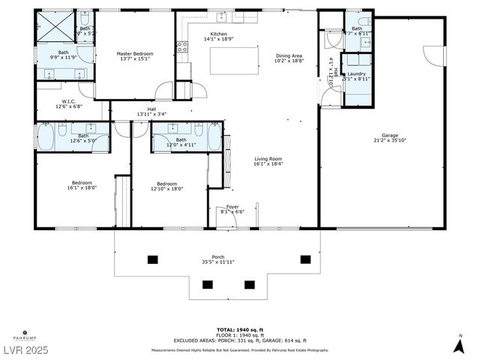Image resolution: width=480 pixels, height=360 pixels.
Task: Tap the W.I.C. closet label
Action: click(67, 103)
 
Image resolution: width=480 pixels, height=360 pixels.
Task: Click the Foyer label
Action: click(233, 209)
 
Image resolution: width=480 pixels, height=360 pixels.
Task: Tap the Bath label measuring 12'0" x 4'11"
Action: click(181, 142)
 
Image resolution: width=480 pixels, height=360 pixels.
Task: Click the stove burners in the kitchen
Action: click(181, 49)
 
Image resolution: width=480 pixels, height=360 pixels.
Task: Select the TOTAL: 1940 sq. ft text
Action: click(239, 329)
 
